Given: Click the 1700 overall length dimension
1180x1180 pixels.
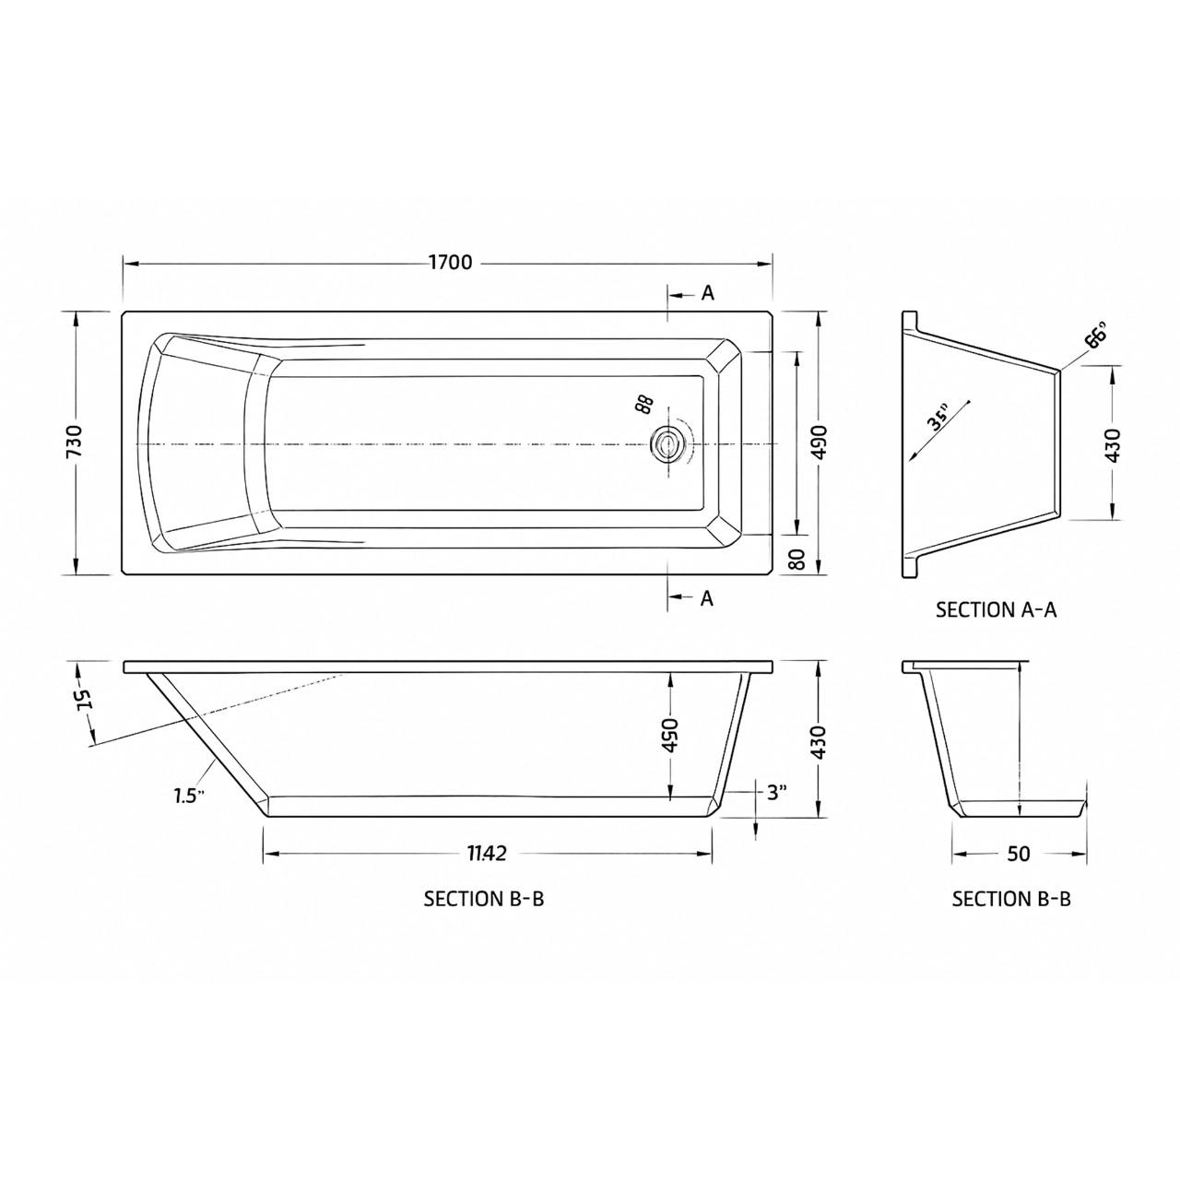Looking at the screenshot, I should tap(450, 263).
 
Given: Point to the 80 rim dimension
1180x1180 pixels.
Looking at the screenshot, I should tap(798, 558).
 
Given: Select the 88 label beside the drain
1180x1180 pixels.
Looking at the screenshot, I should tap(643, 404).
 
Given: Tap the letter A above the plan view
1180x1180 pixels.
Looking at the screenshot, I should tap(707, 293).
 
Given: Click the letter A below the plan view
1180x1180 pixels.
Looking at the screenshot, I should tap(707, 598).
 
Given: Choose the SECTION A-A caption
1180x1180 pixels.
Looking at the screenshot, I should tap(996, 609).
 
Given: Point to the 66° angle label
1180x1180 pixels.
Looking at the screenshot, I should tap(1096, 336).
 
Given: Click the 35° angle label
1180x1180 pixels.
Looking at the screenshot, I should tap(938, 419).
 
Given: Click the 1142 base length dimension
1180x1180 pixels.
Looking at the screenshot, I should tap(486, 854).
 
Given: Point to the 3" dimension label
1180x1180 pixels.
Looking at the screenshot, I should tap(777, 792).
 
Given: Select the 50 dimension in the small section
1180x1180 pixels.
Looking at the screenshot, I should tap(1018, 854).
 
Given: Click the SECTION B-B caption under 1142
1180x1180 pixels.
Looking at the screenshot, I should tap(484, 899).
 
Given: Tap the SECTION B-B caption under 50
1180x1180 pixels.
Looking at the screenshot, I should tap(1011, 899).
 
